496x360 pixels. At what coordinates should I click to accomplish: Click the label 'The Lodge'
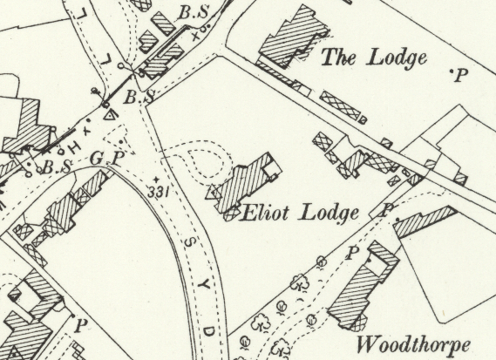click(x=375, y=58)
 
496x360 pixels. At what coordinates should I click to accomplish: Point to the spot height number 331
click(x=158, y=191)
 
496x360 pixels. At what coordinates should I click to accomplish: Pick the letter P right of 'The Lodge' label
click(x=461, y=76)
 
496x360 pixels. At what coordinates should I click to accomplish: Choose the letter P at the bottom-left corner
click(x=82, y=328)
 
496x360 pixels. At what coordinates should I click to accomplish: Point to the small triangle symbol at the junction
click(x=109, y=113)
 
